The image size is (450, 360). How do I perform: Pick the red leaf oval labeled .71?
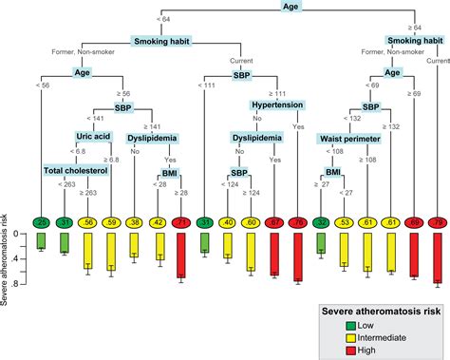point(181,222)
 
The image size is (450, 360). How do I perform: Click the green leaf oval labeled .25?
point(41,222)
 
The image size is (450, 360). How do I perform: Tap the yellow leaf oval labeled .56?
point(87,222)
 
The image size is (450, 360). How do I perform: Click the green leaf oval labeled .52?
point(322,222)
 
